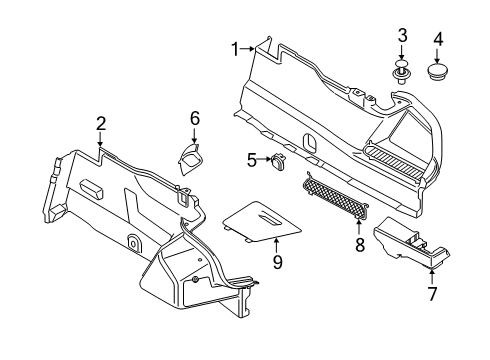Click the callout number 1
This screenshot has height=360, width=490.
236,49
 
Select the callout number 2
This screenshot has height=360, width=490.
101,123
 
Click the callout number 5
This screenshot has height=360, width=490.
252,157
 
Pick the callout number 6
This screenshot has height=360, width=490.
195,118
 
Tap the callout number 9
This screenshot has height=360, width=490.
249,261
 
